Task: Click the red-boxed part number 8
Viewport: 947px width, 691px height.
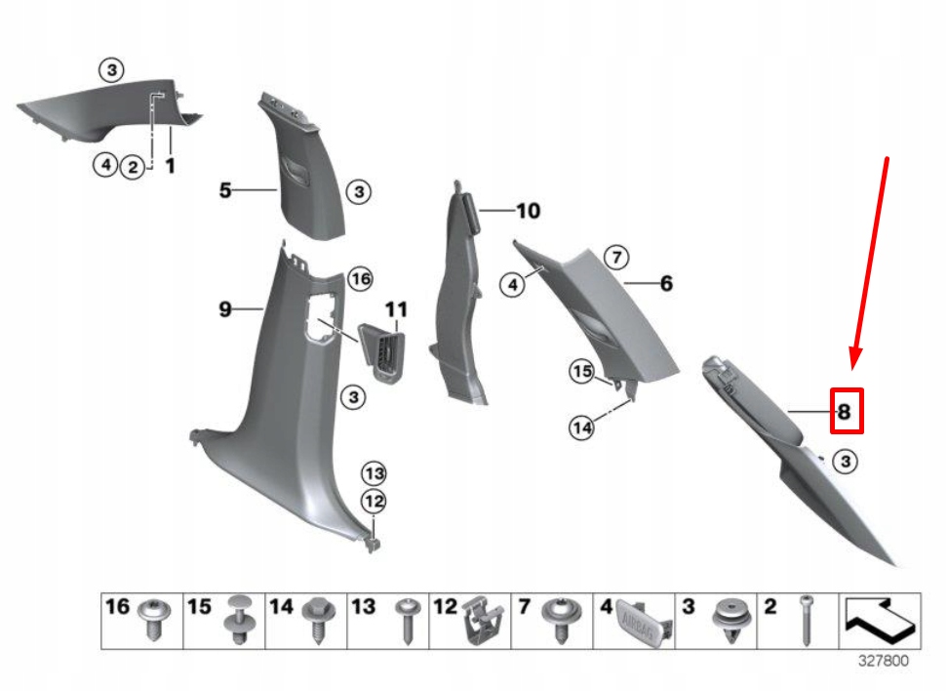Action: click(845, 412)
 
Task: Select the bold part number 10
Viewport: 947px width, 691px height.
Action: click(527, 211)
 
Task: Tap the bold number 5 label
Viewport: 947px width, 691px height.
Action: click(225, 190)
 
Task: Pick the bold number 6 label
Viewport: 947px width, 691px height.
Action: click(666, 284)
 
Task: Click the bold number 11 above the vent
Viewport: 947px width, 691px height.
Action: click(395, 310)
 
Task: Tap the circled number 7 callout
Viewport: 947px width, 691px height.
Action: click(616, 258)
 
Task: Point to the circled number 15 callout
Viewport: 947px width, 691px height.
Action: click(582, 372)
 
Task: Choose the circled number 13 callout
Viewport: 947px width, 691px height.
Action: click(375, 474)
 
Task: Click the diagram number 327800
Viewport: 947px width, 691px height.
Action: click(883, 661)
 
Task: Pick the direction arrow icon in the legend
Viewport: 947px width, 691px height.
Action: click(880, 619)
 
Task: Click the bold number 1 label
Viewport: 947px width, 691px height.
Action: click(170, 167)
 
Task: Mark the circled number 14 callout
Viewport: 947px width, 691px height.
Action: click(582, 427)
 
